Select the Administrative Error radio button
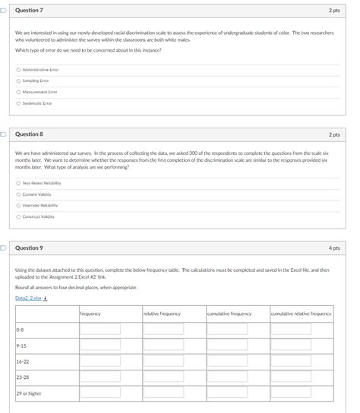tap(18, 69)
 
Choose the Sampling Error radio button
tap(18, 80)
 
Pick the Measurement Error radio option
tap(18, 92)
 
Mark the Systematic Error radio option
tap(18, 103)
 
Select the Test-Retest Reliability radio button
tap(18, 183)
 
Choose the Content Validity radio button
tap(18, 194)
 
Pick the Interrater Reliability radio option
tap(18, 205)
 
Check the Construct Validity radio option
tap(18, 216)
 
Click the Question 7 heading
tap(29, 11)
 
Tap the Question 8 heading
tap(29, 134)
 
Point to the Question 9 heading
tap(29, 247)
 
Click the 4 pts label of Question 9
tap(334, 247)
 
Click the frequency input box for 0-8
tap(101, 329)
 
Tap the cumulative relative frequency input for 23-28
tap(291, 377)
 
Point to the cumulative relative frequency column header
tap(301, 313)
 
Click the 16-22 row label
tap(23, 362)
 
